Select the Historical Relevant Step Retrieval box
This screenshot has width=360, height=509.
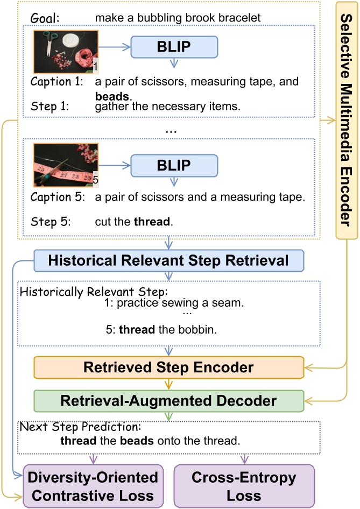(168, 260)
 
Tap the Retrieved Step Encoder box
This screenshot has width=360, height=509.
(168, 367)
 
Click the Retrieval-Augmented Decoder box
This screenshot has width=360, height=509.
(168, 401)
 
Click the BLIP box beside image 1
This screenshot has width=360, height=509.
(174, 47)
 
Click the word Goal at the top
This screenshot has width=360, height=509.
(45, 18)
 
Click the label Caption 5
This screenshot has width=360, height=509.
(57, 197)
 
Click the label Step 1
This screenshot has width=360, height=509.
(48, 107)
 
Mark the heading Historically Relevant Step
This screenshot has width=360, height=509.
(94, 292)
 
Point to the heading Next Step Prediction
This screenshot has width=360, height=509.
(79, 428)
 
